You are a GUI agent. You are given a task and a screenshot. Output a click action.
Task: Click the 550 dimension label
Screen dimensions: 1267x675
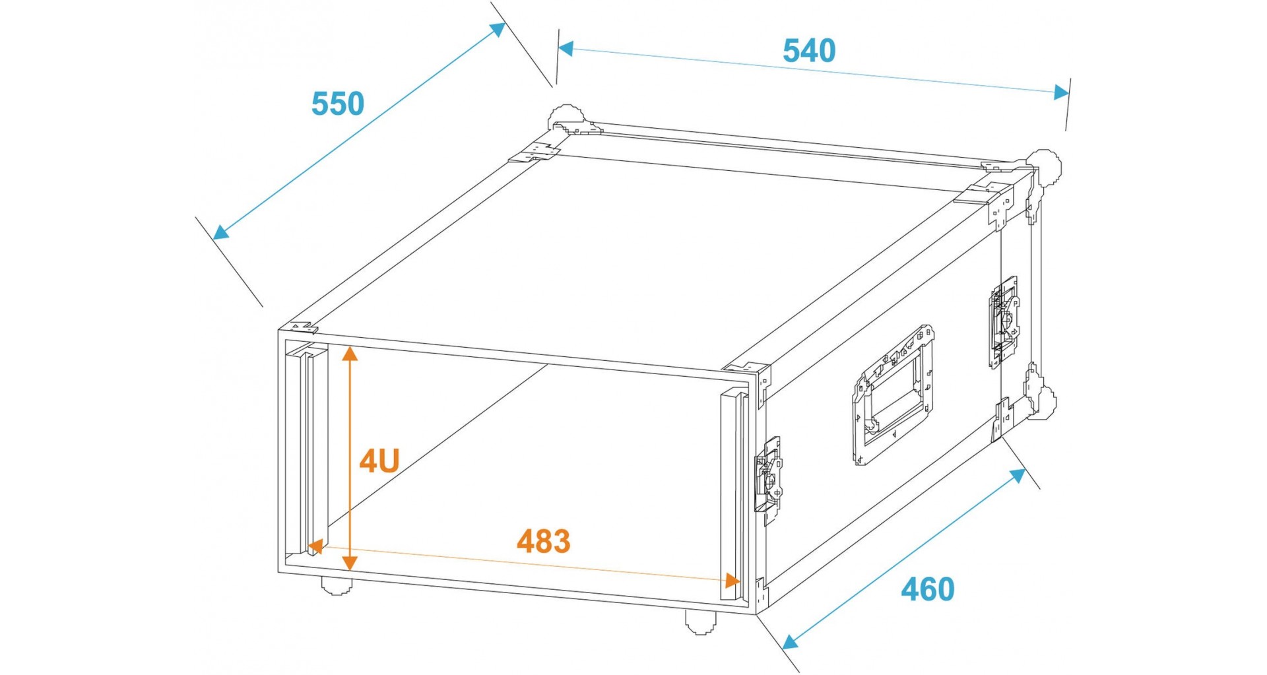point(337,104)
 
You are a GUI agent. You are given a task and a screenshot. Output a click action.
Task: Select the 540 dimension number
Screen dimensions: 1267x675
point(809,51)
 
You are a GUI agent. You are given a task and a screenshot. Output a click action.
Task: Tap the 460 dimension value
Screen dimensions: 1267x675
point(928,589)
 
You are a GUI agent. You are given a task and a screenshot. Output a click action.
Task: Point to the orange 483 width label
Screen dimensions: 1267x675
point(543,541)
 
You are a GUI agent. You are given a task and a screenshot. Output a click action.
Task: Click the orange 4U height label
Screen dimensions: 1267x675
point(379,461)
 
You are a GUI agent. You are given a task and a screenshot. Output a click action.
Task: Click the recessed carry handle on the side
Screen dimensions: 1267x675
point(893,394)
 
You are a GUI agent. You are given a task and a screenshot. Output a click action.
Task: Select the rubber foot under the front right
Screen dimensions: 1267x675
point(700,622)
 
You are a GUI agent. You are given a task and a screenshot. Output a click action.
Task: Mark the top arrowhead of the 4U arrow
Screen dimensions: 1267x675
point(350,353)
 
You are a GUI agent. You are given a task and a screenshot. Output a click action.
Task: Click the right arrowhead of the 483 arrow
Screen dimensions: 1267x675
point(732,581)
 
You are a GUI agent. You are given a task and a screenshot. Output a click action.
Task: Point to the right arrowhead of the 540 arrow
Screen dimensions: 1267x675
point(1061,92)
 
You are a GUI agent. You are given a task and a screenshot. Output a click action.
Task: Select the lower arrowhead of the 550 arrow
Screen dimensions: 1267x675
point(221,231)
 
